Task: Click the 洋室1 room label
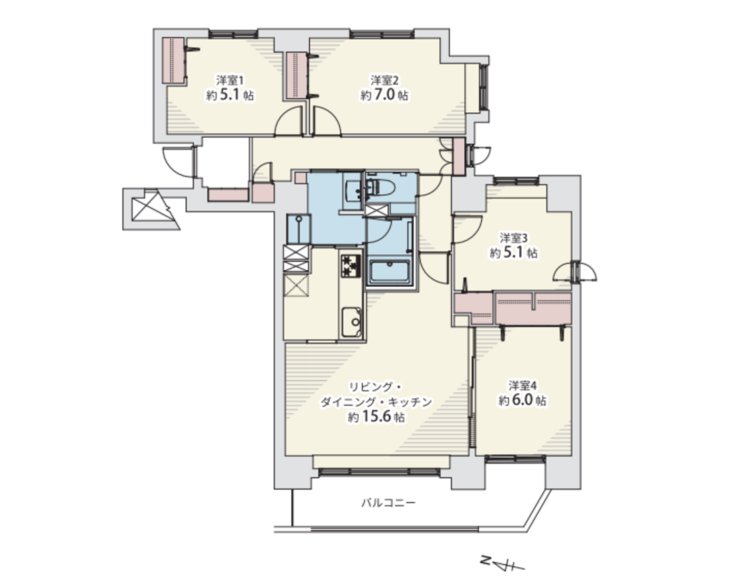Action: (229, 80)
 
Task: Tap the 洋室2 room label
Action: (384, 80)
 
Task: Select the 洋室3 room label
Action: (513, 238)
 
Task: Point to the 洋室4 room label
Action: (522, 385)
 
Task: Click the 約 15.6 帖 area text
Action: (376, 416)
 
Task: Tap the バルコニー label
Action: (388, 503)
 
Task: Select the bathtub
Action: (390, 272)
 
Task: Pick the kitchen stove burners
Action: (351, 266)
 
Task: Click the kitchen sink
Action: (351, 322)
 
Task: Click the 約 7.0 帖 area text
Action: (384, 95)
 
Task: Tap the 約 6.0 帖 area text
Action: (522, 400)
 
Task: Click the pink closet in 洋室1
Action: (174, 61)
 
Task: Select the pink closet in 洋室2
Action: (296, 75)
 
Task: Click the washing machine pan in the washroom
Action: (298, 229)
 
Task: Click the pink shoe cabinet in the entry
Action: (227, 194)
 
